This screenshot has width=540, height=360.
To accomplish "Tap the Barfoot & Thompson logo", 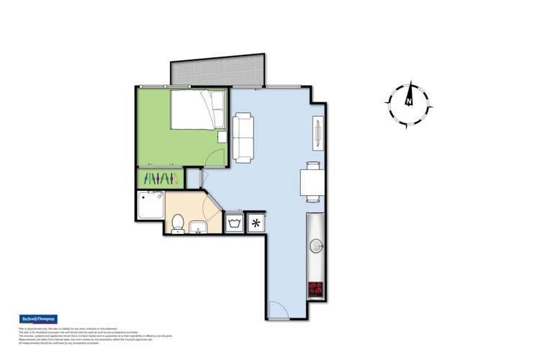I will click(37, 319).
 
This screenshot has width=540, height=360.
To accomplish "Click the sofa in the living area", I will click(243, 136).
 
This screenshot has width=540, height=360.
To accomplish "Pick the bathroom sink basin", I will click(197, 229).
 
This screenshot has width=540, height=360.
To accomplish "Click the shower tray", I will click(150, 205).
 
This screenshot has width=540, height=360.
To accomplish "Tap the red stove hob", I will click(316, 289).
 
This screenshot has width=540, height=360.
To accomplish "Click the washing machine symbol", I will click(235, 223).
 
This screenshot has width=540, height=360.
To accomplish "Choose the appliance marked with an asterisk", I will click(255, 223).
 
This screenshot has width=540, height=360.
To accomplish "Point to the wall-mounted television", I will click(318, 133).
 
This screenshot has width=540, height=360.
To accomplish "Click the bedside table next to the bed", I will click(222, 136).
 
